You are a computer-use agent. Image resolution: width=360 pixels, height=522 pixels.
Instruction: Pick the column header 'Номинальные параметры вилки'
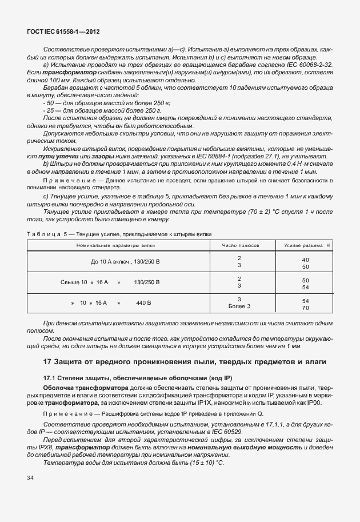(x=118, y=245)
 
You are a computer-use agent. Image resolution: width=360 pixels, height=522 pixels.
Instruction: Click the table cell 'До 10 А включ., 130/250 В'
(x=125, y=262)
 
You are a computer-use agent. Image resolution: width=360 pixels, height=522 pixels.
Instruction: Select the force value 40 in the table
(x=305, y=260)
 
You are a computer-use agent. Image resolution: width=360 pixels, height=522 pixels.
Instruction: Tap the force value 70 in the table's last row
(x=305, y=307)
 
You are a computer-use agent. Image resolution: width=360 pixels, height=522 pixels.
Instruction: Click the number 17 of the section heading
(x=49, y=362)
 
